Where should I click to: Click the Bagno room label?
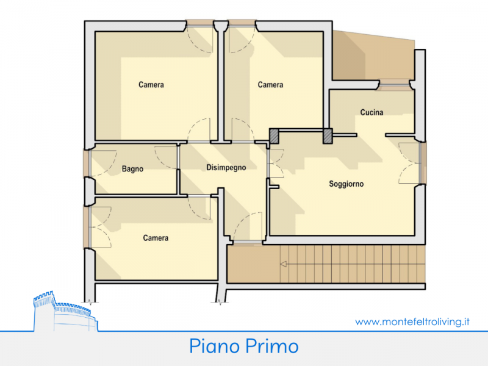(x=132, y=169)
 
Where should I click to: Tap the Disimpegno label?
(x=226, y=168)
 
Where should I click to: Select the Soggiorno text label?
(x=346, y=184)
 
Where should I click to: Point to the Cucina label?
(x=371, y=112)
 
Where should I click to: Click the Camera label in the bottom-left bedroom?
(x=156, y=238)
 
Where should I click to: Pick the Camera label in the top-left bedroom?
(x=151, y=85)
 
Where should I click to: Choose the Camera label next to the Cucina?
(x=270, y=85)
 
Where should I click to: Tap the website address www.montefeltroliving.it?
(x=412, y=321)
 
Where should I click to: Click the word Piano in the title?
(x=214, y=346)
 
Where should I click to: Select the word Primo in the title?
(x=271, y=346)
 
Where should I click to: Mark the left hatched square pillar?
(x=274, y=136)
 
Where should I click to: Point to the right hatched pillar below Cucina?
(x=328, y=136)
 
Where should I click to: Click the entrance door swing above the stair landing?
(x=248, y=227)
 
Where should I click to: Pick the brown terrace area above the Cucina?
(x=373, y=56)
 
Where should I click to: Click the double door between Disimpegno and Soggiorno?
(x=276, y=163)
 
